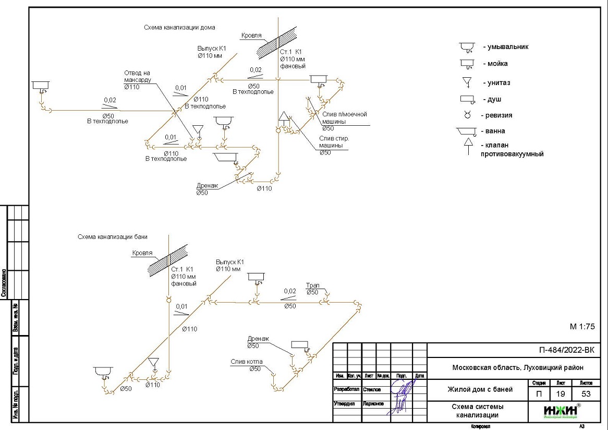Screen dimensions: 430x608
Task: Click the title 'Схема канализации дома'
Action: (179, 27)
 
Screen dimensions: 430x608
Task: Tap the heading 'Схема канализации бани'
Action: (113, 237)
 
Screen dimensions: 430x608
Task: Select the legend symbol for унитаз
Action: (467, 82)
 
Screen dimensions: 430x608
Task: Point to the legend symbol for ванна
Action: (467, 133)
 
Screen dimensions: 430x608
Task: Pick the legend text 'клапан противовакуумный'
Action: (512, 150)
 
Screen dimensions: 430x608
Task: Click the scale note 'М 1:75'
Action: (582, 327)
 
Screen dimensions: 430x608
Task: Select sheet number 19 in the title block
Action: (561, 394)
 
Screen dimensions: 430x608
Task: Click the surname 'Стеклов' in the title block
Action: (373, 390)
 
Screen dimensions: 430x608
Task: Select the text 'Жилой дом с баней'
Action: (480, 389)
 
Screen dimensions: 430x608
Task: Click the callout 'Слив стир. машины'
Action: (334, 142)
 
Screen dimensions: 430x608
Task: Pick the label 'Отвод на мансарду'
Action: (138, 76)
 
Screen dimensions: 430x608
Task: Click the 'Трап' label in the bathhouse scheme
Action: (312, 286)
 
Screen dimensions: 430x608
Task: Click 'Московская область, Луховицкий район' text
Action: (517, 368)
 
